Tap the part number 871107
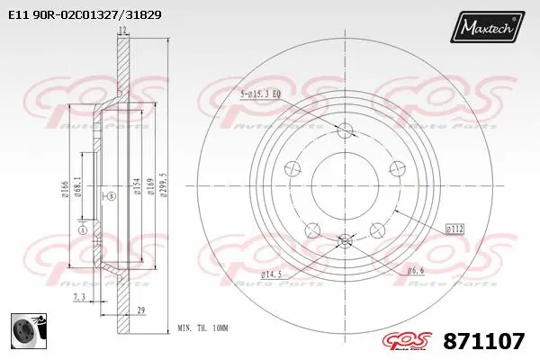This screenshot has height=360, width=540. click(485, 341)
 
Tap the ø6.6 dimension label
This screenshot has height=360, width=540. click(416, 270)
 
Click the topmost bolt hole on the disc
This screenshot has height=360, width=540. click(346, 131)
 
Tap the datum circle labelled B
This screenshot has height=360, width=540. click(111, 195)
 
